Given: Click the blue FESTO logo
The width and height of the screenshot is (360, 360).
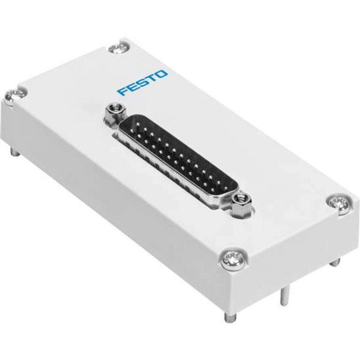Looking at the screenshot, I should click(143, 83).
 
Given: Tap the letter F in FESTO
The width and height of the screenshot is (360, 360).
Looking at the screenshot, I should click(122, 91).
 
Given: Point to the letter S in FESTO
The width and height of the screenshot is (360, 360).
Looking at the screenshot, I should click(143, 83).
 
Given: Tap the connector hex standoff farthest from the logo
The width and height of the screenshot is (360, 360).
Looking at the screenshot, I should click(239, 203).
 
